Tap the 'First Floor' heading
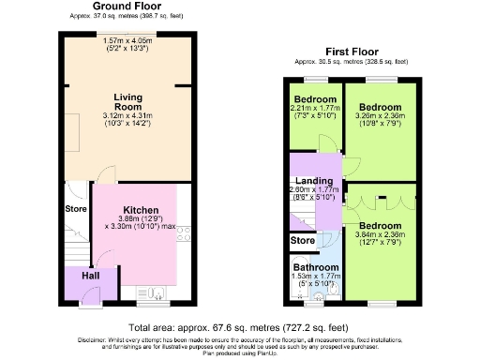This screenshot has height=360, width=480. pyautogui.click(x=352, y=51)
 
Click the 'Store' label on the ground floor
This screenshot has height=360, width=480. pyautogui.click(x=75, y=208)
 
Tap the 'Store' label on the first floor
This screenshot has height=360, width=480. pyautogui.click(x=303, y=240)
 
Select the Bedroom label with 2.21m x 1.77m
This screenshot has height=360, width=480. pyautogui.click(x=315, y=98)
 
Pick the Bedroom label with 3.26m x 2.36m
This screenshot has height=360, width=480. pyautogui.click(x=382, y=107)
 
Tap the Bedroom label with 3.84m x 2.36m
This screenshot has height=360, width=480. pyautogui.click(x=382, y=227)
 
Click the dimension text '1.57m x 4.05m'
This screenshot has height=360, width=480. pyautogui.click(x=129, y=39)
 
